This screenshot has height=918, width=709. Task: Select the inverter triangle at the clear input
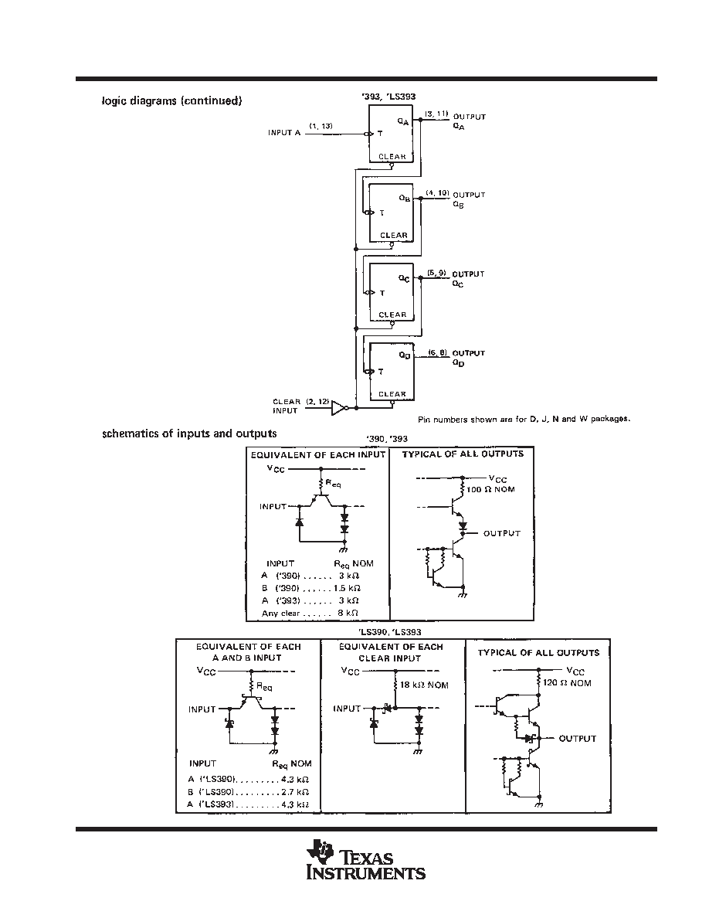(x=339, y=407)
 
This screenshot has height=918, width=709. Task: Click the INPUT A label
(x=284, y=133)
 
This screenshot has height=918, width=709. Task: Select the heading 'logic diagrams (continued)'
(x=172, y=100)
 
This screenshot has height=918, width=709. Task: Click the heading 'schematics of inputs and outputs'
(x=189, y=433)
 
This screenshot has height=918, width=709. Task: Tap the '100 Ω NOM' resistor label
(x=490, y=489)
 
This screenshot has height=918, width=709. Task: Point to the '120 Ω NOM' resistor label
(x=567, y=683)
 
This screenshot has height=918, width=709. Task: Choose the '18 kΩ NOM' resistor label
(x=424, y=685)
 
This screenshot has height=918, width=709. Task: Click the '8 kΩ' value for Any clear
(x=348, y=613)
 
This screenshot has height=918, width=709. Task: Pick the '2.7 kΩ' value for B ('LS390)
(x=295, y=792)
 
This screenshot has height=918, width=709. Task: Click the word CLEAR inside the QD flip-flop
(x=392, y=394)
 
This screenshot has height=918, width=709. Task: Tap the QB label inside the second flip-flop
(x=404, y=199)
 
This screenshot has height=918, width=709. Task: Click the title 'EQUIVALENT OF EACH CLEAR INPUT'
(x=391, y=652)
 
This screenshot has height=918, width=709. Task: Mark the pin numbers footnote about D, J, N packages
(x=524, y=419)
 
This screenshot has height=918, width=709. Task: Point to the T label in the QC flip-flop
(x=382, y=293)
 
